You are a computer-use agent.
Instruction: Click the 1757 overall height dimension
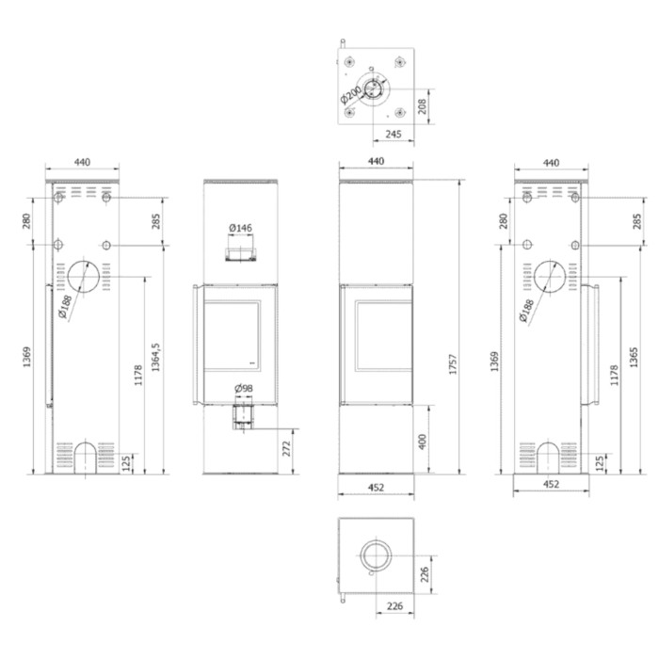tap(453, 364)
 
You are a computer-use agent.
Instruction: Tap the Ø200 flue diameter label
tap(350, 95)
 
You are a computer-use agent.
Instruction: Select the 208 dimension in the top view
tap(423, 106)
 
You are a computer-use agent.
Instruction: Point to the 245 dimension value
tap(394, 134)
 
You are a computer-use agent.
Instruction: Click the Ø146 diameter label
tap(240, 228)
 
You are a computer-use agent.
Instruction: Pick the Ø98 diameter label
tap(244, 388)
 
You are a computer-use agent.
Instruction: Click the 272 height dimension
tap(286, 449)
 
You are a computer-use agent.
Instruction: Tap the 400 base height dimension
tap(423, 442)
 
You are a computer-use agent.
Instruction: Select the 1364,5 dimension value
tap(156, 357)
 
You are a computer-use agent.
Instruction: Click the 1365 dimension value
tap(634, 358)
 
